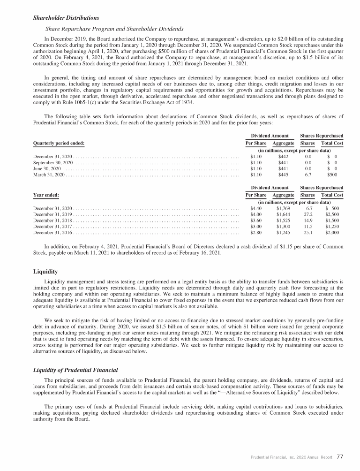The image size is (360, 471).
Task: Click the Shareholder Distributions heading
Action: (66, 18)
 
